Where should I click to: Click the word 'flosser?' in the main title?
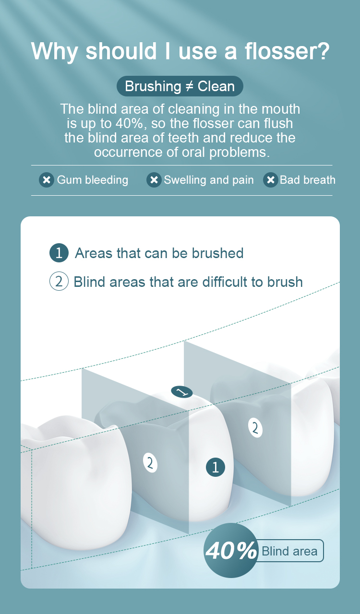[x=287, y=51]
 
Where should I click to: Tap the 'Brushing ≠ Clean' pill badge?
[x=180, y=86]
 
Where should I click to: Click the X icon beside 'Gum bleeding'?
[x=47, y=180]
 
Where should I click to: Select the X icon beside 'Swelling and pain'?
[x=154, y=180]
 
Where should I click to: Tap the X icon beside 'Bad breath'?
[x=271, y=180]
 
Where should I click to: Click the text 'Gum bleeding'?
[x=93, y=180]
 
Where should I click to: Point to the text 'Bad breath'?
[x=308, y=180]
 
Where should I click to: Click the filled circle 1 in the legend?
[x=59, y=253]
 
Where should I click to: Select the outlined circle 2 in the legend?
[x=59, y=281]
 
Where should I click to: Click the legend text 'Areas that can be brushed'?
[x=159, y=253]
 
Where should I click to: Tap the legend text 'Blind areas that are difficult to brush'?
[x=188, y=282]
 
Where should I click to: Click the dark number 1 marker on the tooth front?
[x=216, y=467]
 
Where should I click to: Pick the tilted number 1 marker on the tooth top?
[x=181, y=392]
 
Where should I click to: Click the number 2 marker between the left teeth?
[x=150, y=463]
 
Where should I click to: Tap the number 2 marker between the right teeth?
[x=255, y=427]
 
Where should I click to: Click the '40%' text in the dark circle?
[x=231, y=551]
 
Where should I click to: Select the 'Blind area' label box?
[x=290, y=551]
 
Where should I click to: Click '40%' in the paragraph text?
[x=129, y=123]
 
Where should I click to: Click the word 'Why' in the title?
[x=55, y=51]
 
